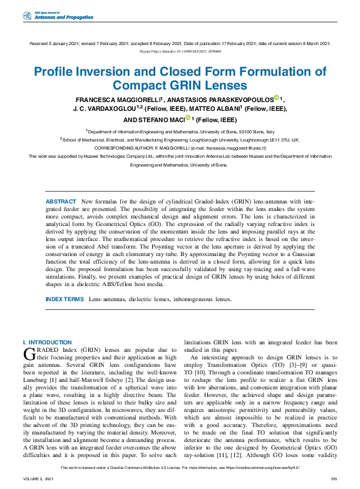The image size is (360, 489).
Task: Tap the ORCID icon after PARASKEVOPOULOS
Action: click(x=276, y=98)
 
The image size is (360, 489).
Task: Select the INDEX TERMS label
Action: click(x=64, y=299)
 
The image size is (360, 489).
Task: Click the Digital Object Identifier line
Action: click(x=180, y=51)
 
